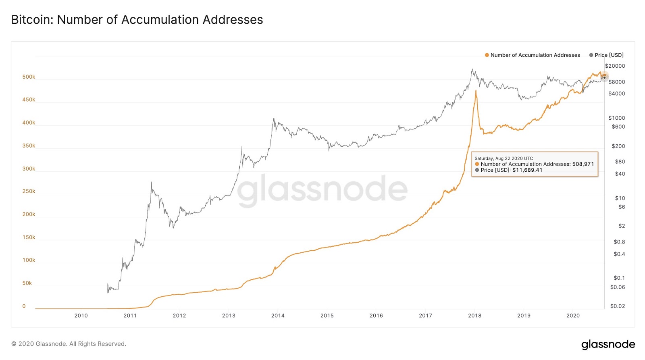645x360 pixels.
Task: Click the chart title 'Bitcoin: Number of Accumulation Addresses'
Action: [137, 20]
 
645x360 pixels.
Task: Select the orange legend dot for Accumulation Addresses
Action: [487, 55]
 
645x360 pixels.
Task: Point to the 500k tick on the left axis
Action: [29, 77]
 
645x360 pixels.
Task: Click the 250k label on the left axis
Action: [29, 191]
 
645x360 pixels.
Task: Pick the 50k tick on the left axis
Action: [27, 283]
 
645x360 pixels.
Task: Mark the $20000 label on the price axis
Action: [615, 66]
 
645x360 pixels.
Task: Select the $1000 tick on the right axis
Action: [616, 118]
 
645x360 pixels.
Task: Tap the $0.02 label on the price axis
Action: [617, 306]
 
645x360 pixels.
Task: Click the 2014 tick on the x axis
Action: [278, 316]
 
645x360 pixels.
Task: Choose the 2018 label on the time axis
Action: [474, 316]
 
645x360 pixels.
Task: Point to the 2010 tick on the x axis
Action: [81, 316]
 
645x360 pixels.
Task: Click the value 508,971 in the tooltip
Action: [583, 164]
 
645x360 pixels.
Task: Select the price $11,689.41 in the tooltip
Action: [527, 170]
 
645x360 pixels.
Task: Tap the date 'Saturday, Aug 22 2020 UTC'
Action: [504, 158]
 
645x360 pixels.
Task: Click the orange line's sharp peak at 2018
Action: [476, 91]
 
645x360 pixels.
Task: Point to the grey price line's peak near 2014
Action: [273, 119]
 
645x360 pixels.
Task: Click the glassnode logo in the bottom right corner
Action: [608, 345]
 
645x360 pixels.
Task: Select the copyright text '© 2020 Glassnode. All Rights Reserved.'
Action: [69, 344]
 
